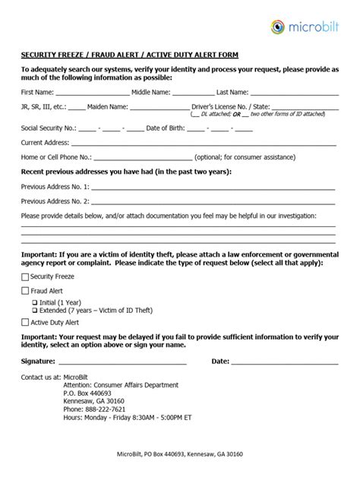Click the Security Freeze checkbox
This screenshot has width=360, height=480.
(24, 277)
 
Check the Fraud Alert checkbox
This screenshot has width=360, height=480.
(24, 290)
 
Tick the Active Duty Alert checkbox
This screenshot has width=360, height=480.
(24, 322)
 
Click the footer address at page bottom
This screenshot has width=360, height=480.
(180, 454)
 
